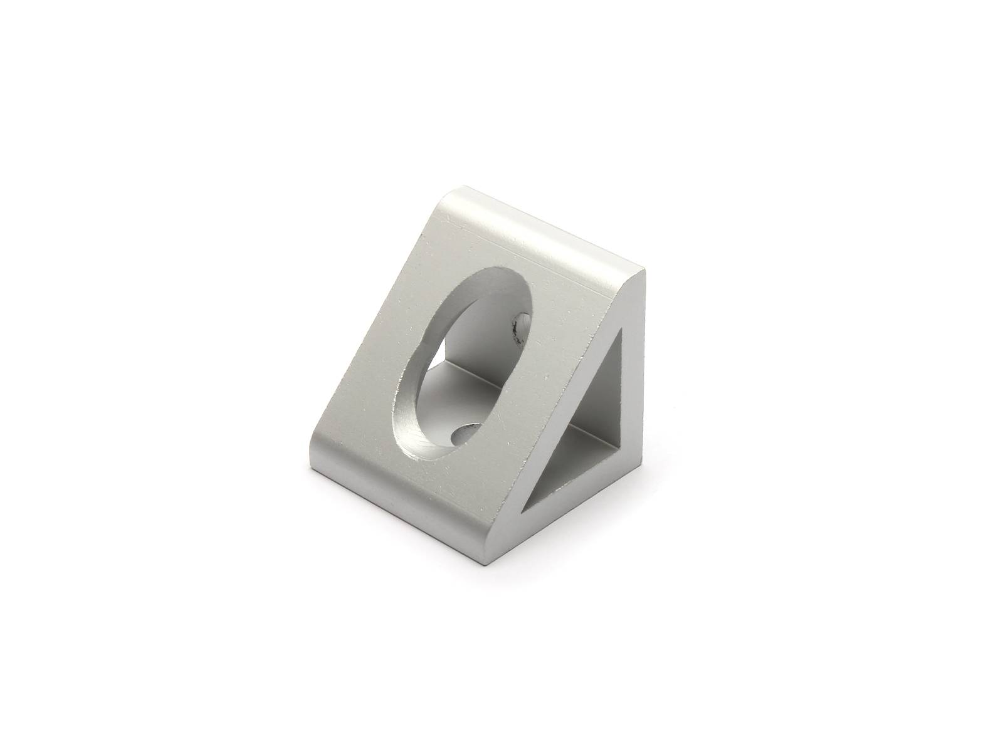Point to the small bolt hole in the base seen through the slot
tap(465, 434)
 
